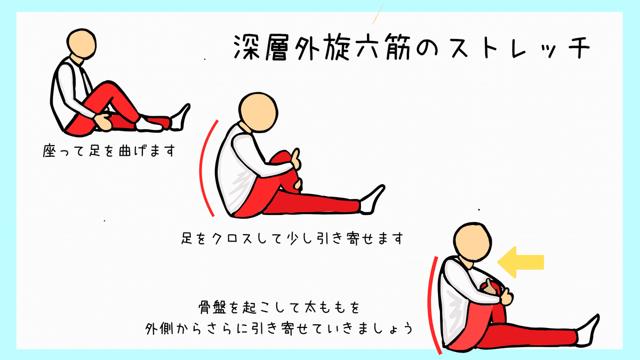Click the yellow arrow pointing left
tap(521, 262)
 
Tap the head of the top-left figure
tap(82, 44)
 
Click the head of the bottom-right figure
tap(473, 242)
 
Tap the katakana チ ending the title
tap(579, 47)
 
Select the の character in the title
tap(427, 49)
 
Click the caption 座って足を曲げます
tap(109, 150)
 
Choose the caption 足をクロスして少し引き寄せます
tap(292, 238)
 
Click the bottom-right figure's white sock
tap(587, 331)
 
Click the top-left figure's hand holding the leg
tap(103, 122)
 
